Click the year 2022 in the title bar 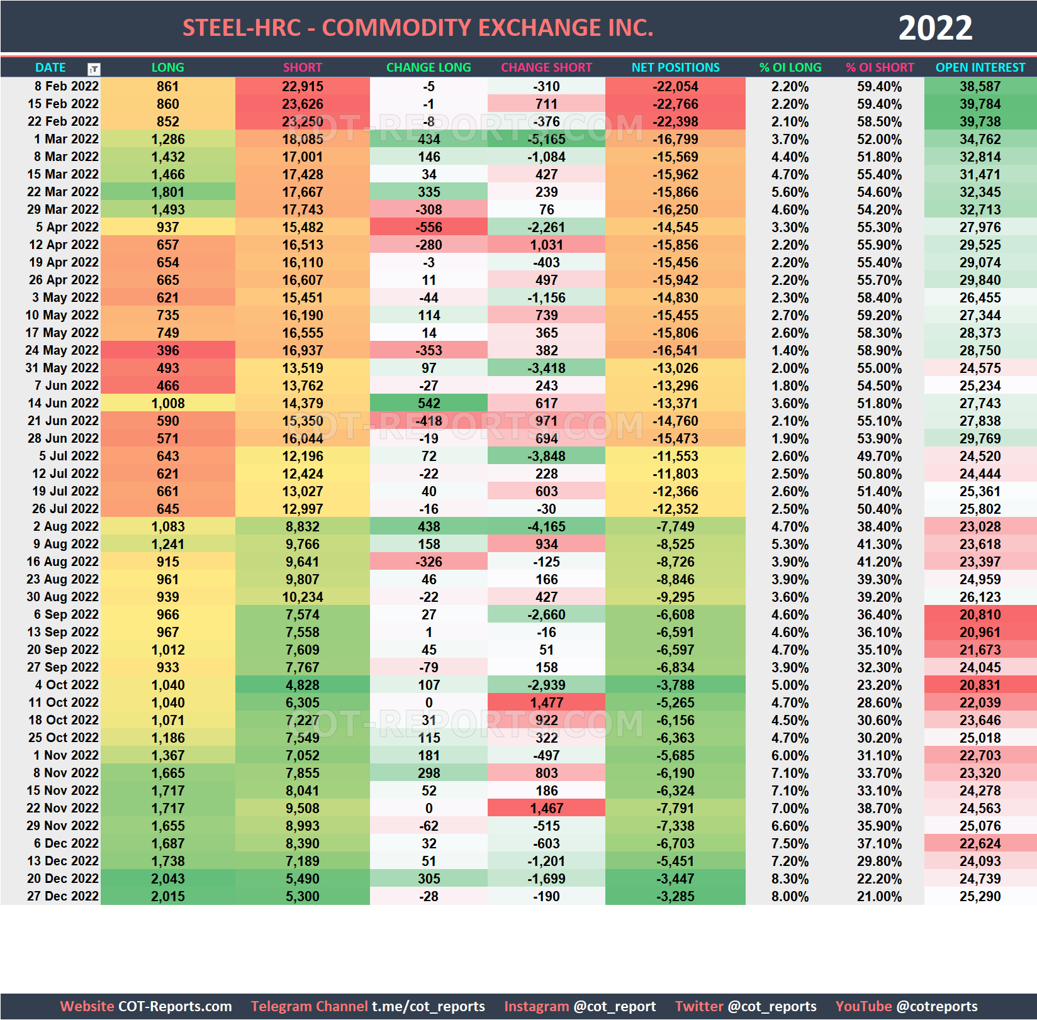[x=935, y=28]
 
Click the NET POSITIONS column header [x=675, y=67]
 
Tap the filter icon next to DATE [x=94, y=69]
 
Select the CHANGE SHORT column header [x=546, y=67]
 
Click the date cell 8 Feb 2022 [x=66, y=86]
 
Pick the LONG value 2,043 [x=168, y=879]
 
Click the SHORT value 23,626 [x=303, y=104]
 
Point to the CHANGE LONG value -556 [x=429, y=227]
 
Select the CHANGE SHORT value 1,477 [x=546, y=702]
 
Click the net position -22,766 [x=675, y=104]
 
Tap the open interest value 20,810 [x=980, y=614]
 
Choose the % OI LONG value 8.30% [x=790, y=879]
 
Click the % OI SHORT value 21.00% [x=879, y=896]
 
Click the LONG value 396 [x=168, y=350]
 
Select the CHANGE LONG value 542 [x=429, y=403]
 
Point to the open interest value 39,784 [x=980, y=104]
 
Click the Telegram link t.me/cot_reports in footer [x=428, y=1006]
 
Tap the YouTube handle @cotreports [x=937, y=1006]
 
